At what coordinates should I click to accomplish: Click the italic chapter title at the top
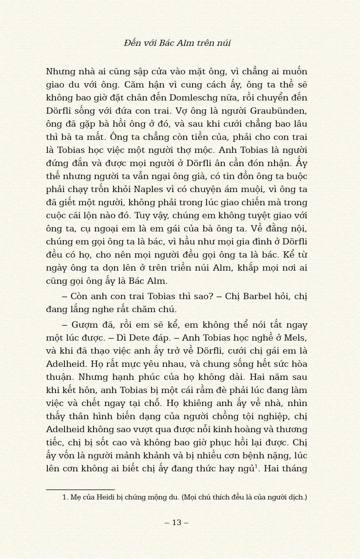pos(177,43)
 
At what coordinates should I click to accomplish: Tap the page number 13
pos(177,522)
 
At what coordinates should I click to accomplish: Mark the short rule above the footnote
pos(80,490)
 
